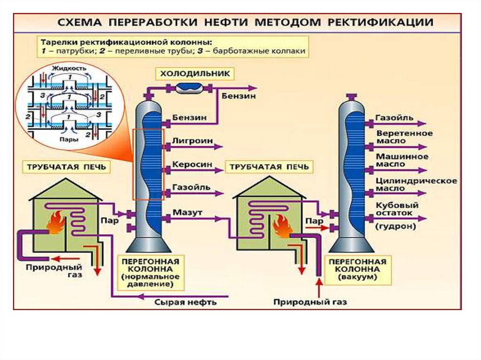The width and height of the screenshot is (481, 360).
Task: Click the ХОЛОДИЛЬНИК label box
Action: click(x=194, y=74)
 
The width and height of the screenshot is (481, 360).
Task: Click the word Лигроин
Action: click(x=193, y=140)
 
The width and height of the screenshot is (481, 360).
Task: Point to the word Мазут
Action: click(x=187, y=213)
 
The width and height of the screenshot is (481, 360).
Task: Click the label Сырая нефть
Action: click(x=186, y=302)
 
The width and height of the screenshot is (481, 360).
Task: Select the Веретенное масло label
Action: click(x=404, y=137)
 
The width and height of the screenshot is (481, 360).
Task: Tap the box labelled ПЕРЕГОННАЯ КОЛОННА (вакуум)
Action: click(x=357, y=269)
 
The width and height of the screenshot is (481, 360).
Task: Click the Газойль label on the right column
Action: click(x=395, y=118)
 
